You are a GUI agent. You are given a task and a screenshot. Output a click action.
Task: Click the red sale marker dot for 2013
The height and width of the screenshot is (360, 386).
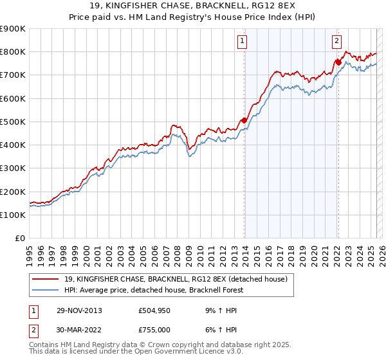click(244, 120)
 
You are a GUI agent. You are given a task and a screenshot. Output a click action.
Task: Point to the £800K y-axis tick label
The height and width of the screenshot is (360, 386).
click(13, 51)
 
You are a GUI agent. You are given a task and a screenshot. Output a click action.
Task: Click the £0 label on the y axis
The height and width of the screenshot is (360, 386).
click(19, 239)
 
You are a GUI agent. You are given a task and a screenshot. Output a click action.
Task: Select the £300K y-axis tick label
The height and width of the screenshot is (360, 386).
click(13, 168)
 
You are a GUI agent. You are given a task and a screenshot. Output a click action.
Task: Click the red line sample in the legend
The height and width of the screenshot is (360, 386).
click(46, 278)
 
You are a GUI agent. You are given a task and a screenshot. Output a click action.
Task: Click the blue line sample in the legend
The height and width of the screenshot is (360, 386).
click(46, 290)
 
